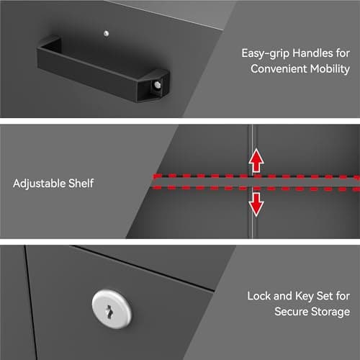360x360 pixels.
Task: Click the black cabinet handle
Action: pos(103,70)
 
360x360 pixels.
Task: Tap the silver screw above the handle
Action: pos(107,33)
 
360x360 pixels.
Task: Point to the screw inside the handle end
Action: pos(158,85)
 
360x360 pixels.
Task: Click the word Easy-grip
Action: pos(265,53)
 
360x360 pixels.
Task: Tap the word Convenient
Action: pos(279,69)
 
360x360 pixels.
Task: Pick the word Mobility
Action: pos(330,69)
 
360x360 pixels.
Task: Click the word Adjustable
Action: pos(39,184)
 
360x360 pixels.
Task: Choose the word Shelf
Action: pos(81,184)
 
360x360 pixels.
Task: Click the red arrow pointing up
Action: pos(256,160)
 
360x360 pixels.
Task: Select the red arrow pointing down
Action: pos(256,204)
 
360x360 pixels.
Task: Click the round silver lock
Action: pos(112,309)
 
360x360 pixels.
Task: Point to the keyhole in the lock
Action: pos(109,312)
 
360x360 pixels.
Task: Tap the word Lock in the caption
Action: pos(259,296)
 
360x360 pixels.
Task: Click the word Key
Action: pos(305,297)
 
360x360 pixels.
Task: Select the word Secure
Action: pos(291,312)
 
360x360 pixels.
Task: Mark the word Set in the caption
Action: pos(325,296)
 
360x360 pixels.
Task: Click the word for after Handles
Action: pos(343,53)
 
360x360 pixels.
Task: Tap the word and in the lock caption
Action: pos(283,296)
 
